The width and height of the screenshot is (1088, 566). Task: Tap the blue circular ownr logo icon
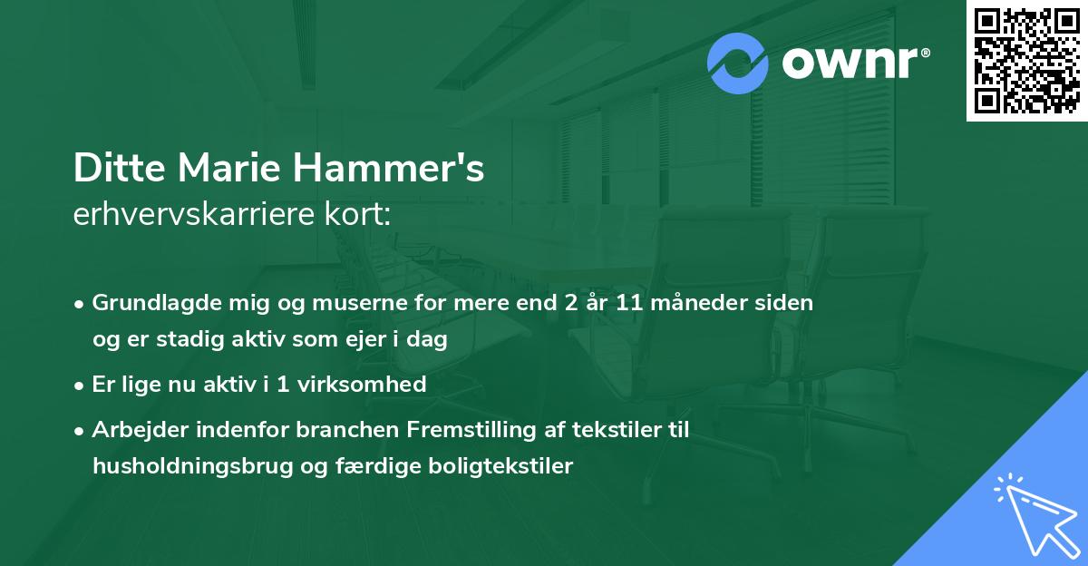pos(738,63)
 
